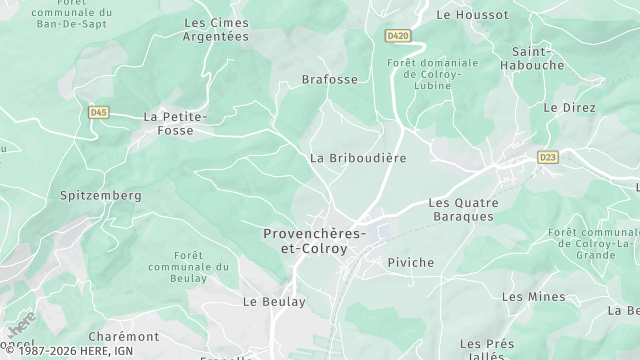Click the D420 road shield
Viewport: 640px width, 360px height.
[398, 36]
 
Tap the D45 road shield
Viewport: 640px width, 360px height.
[98, 113]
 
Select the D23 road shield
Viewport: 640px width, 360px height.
[547, 157]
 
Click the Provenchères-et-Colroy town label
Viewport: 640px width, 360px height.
[313, 240]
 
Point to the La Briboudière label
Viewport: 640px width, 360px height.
[357, 158]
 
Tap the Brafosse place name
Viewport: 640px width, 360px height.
[329, 79]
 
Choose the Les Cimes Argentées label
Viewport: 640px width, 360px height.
[216, 29]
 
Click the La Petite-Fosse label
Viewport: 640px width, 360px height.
[175, 123]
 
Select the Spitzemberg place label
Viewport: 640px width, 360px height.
[101, 196]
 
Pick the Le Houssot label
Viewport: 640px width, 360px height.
[472, 15]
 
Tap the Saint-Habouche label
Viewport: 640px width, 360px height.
[537, 58]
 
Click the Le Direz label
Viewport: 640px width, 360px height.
[569, 108]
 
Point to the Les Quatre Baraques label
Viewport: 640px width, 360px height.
[462, 209]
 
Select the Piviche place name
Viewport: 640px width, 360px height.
[410, 262]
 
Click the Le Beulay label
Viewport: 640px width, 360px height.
[274, 301]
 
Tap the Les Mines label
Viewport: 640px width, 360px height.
[533, 297]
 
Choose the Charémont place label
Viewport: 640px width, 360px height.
[124, 337]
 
